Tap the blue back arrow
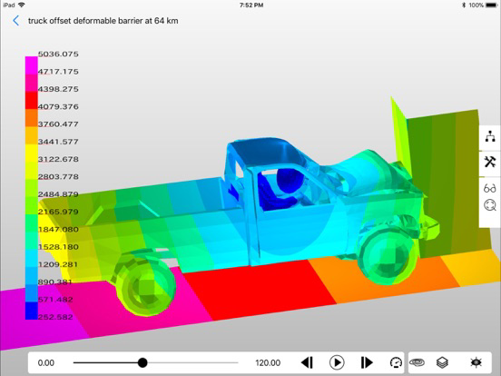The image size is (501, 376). coord(15,21)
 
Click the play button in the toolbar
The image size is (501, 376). coord(337,362)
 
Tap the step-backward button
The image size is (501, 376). coord(307,362)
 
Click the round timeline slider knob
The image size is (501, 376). coord(142,362)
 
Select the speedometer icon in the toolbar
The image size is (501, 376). coord(396,362)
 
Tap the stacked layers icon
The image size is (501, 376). coord(442,362)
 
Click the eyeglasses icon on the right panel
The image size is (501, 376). coord(489,188)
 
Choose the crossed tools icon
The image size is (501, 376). coord(489,162)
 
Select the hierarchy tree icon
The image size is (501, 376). coord(490,136)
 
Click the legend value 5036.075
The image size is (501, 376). coord(58,54)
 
